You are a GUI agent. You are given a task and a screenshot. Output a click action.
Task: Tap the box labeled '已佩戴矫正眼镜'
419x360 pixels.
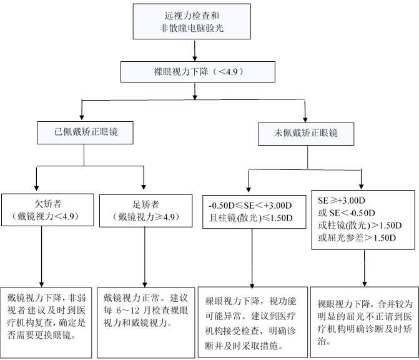tap(85, 132)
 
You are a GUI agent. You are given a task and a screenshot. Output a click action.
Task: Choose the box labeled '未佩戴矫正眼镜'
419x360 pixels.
tap(306, 132)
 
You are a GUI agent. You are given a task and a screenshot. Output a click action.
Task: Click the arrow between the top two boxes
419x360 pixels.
tap(195, 49)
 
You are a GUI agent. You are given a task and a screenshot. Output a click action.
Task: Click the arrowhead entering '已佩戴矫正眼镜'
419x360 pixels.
tap(81, 116)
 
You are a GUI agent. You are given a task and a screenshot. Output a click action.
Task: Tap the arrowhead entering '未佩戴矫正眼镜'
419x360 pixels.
tap(305, 116)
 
